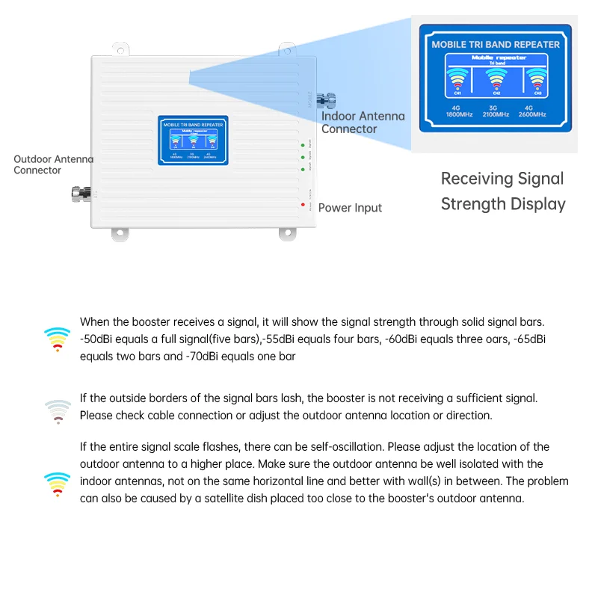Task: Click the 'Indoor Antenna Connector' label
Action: [363, 123]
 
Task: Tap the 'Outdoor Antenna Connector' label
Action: [53, 164]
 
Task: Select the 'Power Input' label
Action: [350, 208]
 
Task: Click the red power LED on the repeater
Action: [303, 205]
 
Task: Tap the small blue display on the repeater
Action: [193, 140]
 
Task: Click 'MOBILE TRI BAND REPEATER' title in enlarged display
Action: [495, 44]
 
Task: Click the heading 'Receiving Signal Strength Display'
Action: [502, 191]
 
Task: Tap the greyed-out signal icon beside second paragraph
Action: [58, 411]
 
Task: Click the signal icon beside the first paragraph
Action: [58, 339]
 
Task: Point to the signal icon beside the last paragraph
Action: [58, 484]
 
